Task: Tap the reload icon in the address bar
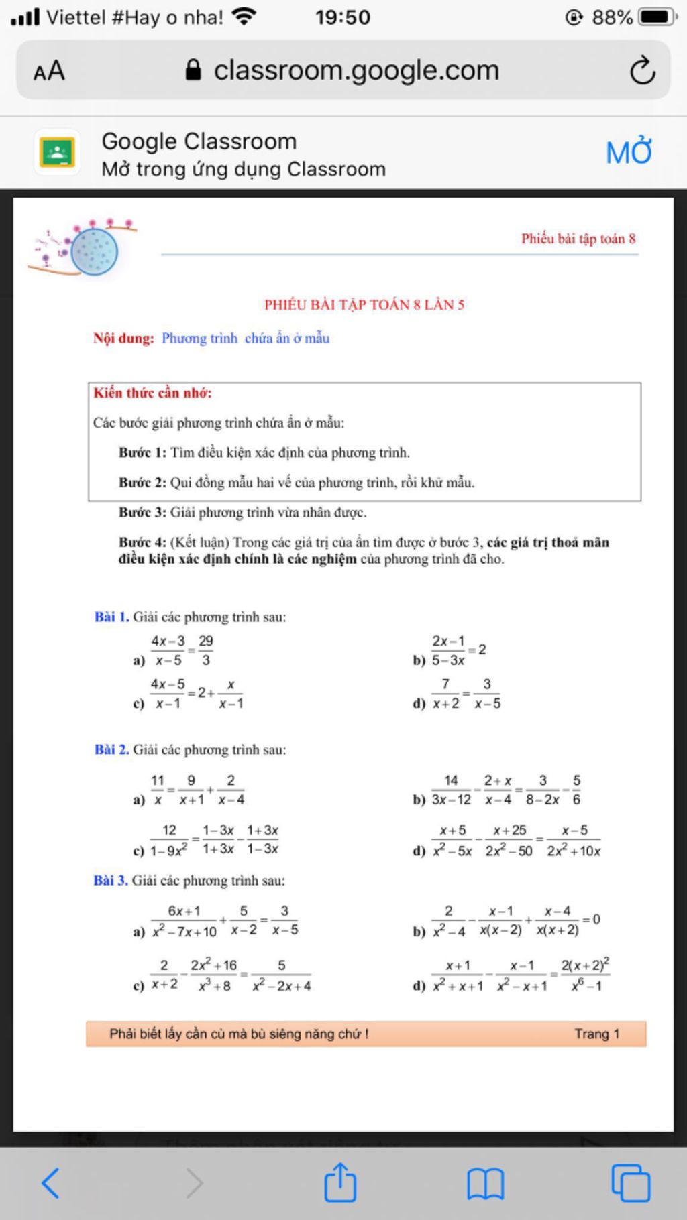pos(642,70)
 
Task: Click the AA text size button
pos(49,70)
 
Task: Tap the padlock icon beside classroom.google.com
pos(193,70)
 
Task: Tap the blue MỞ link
pos(629,152)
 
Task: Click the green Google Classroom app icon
pos(57,152)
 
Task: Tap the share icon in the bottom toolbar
pos(340,1182)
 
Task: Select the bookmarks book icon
pos(485,1183)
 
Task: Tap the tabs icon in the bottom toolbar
pos(630,1183)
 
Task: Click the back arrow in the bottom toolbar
pos(51,1182)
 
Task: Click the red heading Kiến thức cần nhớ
pos(152,393)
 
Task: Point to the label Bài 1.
pos(111,617)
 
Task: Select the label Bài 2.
pos(111,749)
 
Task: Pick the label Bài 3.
pos(111,880)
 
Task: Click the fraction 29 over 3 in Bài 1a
pos(206,650)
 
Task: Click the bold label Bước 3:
pos(142,513)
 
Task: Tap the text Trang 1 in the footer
pos(596,1034)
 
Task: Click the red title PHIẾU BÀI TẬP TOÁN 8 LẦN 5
pos(364,305)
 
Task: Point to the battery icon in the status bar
pos(656,17)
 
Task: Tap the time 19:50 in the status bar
pos(343,17)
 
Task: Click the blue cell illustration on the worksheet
pos(95,251)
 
